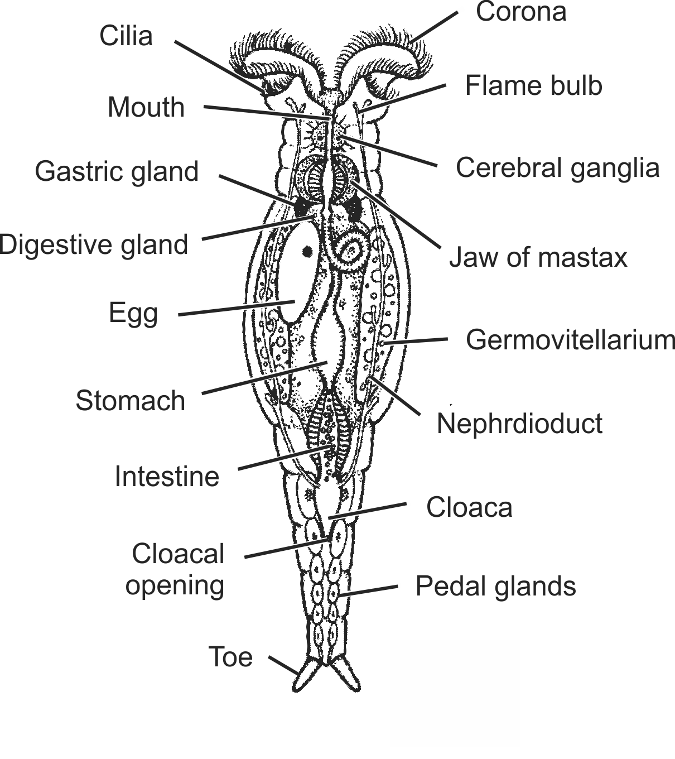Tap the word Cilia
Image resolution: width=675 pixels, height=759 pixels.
126,36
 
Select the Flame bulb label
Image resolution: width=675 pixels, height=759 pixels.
534,85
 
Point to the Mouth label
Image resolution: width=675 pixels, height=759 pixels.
146,107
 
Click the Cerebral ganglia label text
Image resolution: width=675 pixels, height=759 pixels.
558,168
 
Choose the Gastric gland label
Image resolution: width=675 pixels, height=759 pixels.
117,172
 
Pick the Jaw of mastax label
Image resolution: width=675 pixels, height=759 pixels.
538,257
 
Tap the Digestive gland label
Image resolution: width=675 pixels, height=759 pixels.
94,245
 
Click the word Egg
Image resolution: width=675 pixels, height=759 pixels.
133,314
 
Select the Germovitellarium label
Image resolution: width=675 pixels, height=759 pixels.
570,340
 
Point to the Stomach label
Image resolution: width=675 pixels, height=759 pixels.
131,401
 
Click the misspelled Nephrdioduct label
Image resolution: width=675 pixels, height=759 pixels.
519,424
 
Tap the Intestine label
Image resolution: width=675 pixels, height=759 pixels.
167,477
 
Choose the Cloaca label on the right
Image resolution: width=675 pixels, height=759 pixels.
469,507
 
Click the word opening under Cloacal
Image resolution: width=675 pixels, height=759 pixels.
175,586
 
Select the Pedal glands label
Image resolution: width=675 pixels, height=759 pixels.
496,587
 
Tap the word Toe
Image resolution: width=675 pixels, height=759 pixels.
230,657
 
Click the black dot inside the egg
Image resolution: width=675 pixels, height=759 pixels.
307,251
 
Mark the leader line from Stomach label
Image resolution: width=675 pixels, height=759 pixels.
265,378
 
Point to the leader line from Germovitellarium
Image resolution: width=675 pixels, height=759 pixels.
416,341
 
